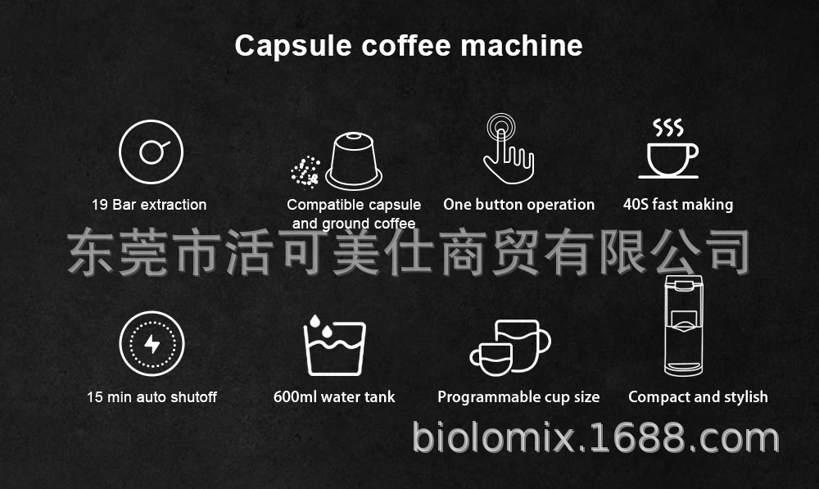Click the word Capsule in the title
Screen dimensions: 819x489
click(x=293, y=47)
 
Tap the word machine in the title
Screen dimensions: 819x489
click(x=522, y=45)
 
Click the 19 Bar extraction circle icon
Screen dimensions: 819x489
click(x=151, y=152)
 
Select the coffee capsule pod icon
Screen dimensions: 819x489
click(x=354, y=161)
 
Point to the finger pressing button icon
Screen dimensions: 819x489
click(x=508, y=149)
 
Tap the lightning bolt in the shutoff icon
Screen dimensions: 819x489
click(x=152, y=344)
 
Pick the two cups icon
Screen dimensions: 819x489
click(x=510, y=347)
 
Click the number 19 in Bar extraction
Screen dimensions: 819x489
click(x=100, y=205)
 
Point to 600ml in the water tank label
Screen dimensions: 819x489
click(x=295, y=397)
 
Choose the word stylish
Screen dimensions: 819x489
click(x=745, y=397)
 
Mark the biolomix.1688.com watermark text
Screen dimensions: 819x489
click(x=596, y=437)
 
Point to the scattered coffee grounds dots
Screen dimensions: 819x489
click(x=305, y=171)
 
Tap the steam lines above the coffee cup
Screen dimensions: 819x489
click(x=668, y=127)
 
